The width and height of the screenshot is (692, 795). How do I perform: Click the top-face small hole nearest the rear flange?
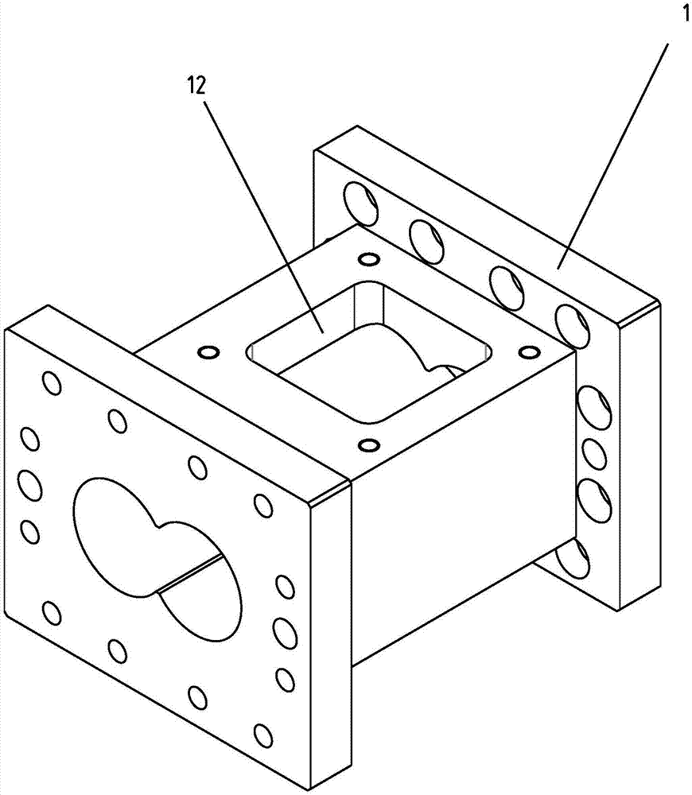coord(367,260)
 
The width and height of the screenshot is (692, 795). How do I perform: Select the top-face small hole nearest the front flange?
coord(368,444)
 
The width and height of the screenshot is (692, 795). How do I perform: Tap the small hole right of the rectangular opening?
coord(526,351)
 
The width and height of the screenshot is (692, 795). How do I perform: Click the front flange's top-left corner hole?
coord(52,385)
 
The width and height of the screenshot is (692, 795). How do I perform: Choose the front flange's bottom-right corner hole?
coord(262,733)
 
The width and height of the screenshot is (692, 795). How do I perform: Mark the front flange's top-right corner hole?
coord(262,504)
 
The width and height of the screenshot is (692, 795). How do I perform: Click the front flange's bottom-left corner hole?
coord(51,612)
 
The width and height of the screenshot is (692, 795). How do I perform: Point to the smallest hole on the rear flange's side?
coord(593,454)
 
